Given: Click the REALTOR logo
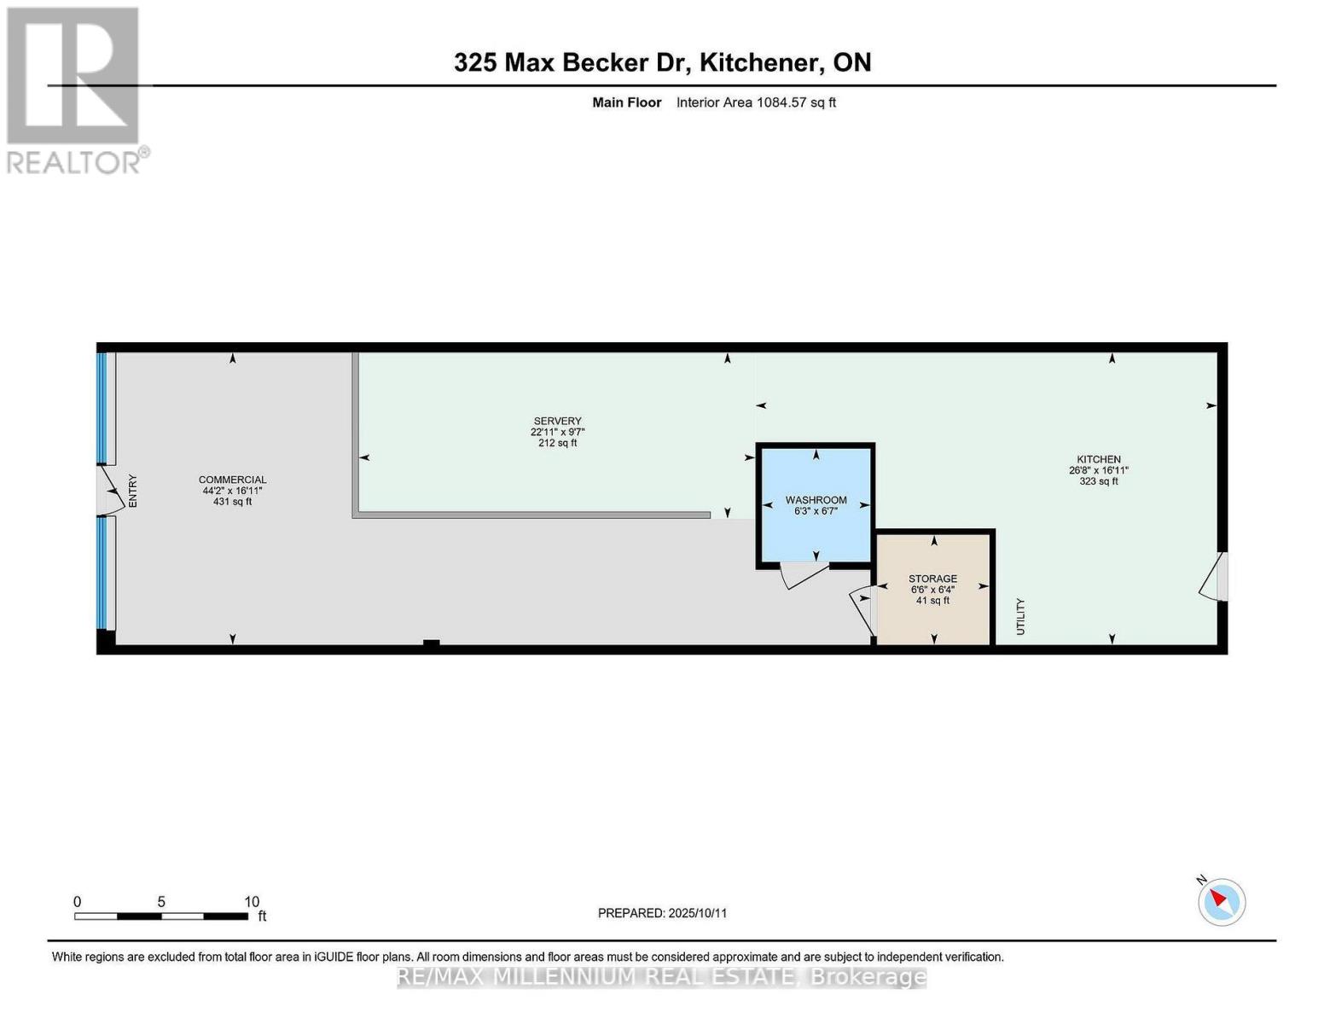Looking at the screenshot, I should [75, 90].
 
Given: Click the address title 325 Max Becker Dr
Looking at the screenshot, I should [662, 62].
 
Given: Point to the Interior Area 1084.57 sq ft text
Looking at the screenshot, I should [756, 102].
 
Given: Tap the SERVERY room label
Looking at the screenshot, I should [557, 421].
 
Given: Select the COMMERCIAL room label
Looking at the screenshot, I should [232, 480].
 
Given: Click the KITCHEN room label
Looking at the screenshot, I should [1098, 459].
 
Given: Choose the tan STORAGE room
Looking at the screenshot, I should [933, 589].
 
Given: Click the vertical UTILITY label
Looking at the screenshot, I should [1020, 616].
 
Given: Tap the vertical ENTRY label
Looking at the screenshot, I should [132, 491].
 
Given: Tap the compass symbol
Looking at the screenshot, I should [1221, 901].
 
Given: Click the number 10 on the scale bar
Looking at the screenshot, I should [252, 902].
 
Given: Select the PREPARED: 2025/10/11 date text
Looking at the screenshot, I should [662, 913].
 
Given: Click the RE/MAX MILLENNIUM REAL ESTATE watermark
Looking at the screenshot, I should [662, 977].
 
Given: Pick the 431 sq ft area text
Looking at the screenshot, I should [232, 502].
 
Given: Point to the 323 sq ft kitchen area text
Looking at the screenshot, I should [1098, 481].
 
